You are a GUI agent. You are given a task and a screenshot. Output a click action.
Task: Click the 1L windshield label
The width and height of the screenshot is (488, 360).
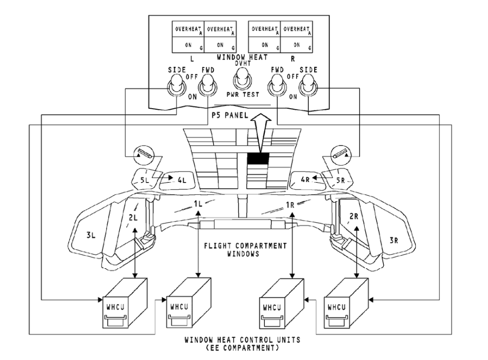point(199,204)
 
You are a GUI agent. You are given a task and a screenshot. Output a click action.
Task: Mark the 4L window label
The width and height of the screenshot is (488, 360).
point(180,181)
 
